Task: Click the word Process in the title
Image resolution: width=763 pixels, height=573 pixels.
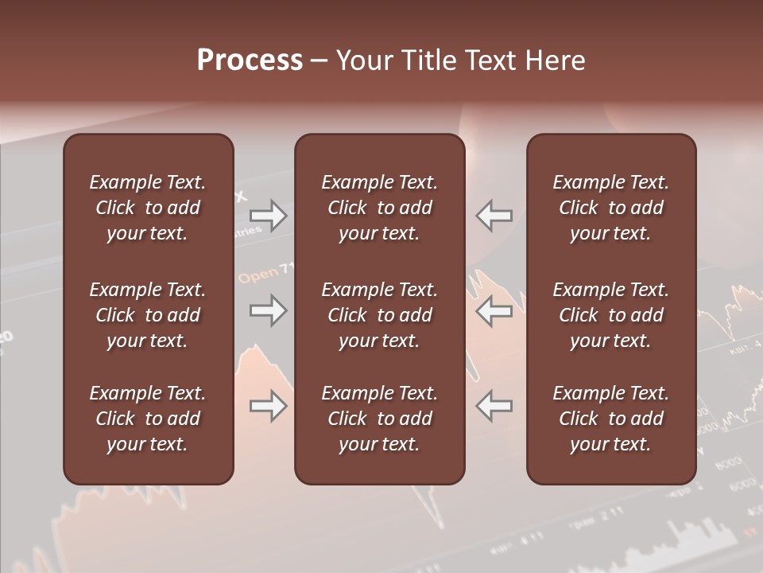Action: [250, 60]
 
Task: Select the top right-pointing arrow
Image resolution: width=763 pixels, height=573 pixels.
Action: [268, 216]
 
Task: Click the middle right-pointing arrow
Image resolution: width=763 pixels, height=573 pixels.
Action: [268, 310]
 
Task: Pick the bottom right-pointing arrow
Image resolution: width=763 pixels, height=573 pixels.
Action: [268, 407]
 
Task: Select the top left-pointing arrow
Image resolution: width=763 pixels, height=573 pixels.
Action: [494, 216]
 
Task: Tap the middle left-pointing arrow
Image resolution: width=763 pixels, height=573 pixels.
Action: [494, 310]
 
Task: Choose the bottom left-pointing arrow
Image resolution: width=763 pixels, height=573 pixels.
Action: [494, 407]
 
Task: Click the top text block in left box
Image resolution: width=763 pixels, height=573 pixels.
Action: [148, 208]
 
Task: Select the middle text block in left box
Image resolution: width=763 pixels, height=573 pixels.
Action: [148, 315]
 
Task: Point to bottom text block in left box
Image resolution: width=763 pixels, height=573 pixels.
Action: [148, 419]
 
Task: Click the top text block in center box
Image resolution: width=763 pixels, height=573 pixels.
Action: [379, 208]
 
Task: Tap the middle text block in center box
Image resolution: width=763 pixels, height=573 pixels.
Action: [379, 315]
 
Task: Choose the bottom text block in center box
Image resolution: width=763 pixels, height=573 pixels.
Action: [379, 419]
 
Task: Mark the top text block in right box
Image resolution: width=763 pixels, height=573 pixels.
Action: [610, 208]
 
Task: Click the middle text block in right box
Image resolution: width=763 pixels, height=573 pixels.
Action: [610, 315]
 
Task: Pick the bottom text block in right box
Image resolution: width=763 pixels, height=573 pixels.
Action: [610, 419]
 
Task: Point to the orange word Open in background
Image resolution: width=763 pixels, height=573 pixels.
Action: [258, 276]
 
